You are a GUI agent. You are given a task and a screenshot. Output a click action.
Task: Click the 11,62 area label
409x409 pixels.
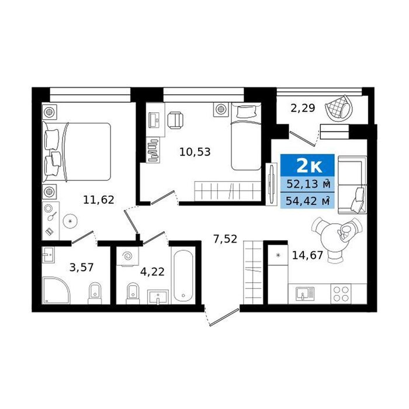99,200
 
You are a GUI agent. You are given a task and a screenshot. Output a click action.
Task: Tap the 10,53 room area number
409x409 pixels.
195,152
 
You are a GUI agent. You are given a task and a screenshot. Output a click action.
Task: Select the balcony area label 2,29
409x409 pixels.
303,108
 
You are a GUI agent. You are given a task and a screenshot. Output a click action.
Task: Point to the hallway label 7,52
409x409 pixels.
225,239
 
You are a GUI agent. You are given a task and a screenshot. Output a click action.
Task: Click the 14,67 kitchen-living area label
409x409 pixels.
307,255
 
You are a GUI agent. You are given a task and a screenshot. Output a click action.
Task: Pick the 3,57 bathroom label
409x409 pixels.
81,268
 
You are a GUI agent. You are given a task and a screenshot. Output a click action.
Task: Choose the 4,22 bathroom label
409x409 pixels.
152,272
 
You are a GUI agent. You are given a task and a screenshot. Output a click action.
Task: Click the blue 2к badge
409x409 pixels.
307,165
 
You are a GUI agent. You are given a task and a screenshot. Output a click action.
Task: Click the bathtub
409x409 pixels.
183,275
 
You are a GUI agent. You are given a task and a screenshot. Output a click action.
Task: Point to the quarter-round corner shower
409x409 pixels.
56,290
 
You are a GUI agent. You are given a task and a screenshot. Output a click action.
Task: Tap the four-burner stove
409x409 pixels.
341,294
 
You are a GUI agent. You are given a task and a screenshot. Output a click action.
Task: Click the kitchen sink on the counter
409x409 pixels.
305,294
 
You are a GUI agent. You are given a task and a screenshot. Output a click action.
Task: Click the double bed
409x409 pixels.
77,151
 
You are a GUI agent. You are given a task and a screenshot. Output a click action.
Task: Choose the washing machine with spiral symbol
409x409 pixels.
127,256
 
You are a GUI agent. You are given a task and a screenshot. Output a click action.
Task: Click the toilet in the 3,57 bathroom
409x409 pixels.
95,293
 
